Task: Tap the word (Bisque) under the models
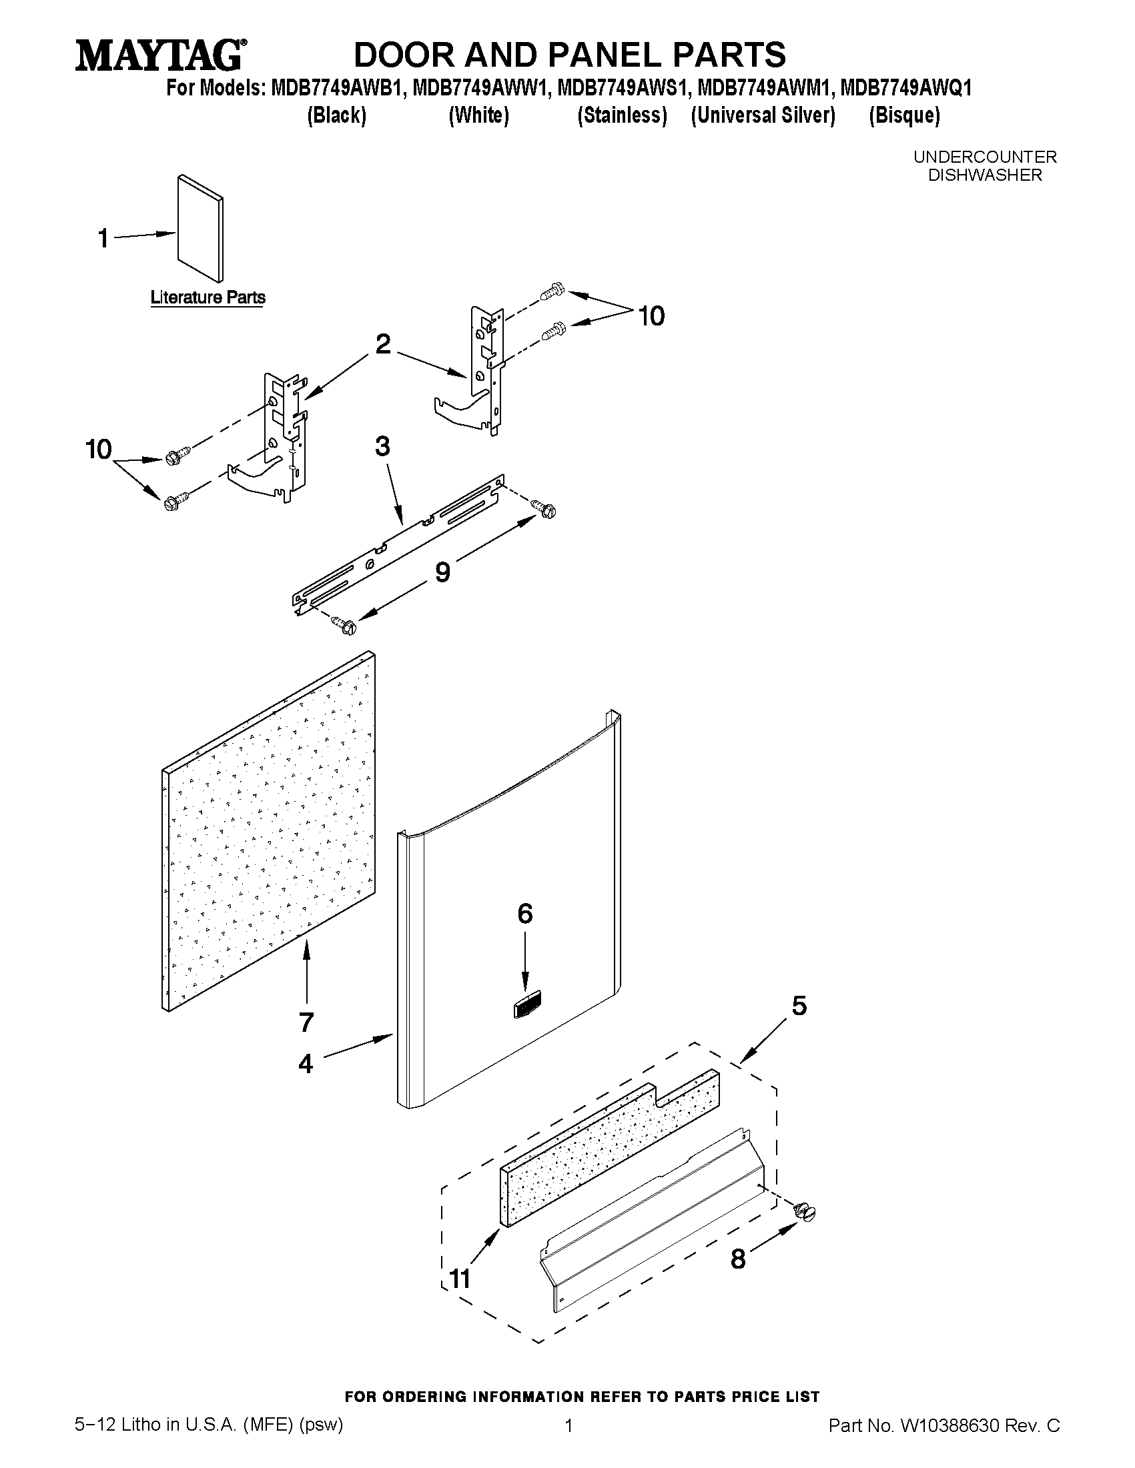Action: point(903,115)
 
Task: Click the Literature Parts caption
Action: point(208,297)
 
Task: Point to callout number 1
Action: point(103,239)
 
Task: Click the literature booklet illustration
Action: point(200,229)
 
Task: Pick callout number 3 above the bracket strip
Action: point(382,446)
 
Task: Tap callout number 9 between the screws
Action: point(442,572)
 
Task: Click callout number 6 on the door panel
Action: point(524,914)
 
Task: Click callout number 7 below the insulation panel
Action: point(306,1022)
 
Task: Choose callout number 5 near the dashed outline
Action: point(799,1006)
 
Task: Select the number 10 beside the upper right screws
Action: point(650,316)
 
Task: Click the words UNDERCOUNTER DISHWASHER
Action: point(984,166)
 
